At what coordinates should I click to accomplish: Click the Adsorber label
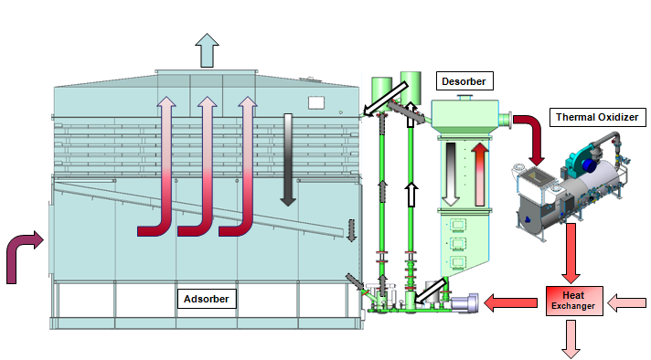click(x=207, y=298)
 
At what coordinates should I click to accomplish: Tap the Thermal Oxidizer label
click(x=599, y=118)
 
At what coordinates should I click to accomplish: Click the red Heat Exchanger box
click(x=575, y=301)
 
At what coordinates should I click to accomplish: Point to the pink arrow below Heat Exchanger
click(x=571, y=338)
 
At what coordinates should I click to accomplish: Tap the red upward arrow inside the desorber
click(x=481, y=174)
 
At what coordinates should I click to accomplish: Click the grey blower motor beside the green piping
click(x=463, y=302)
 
